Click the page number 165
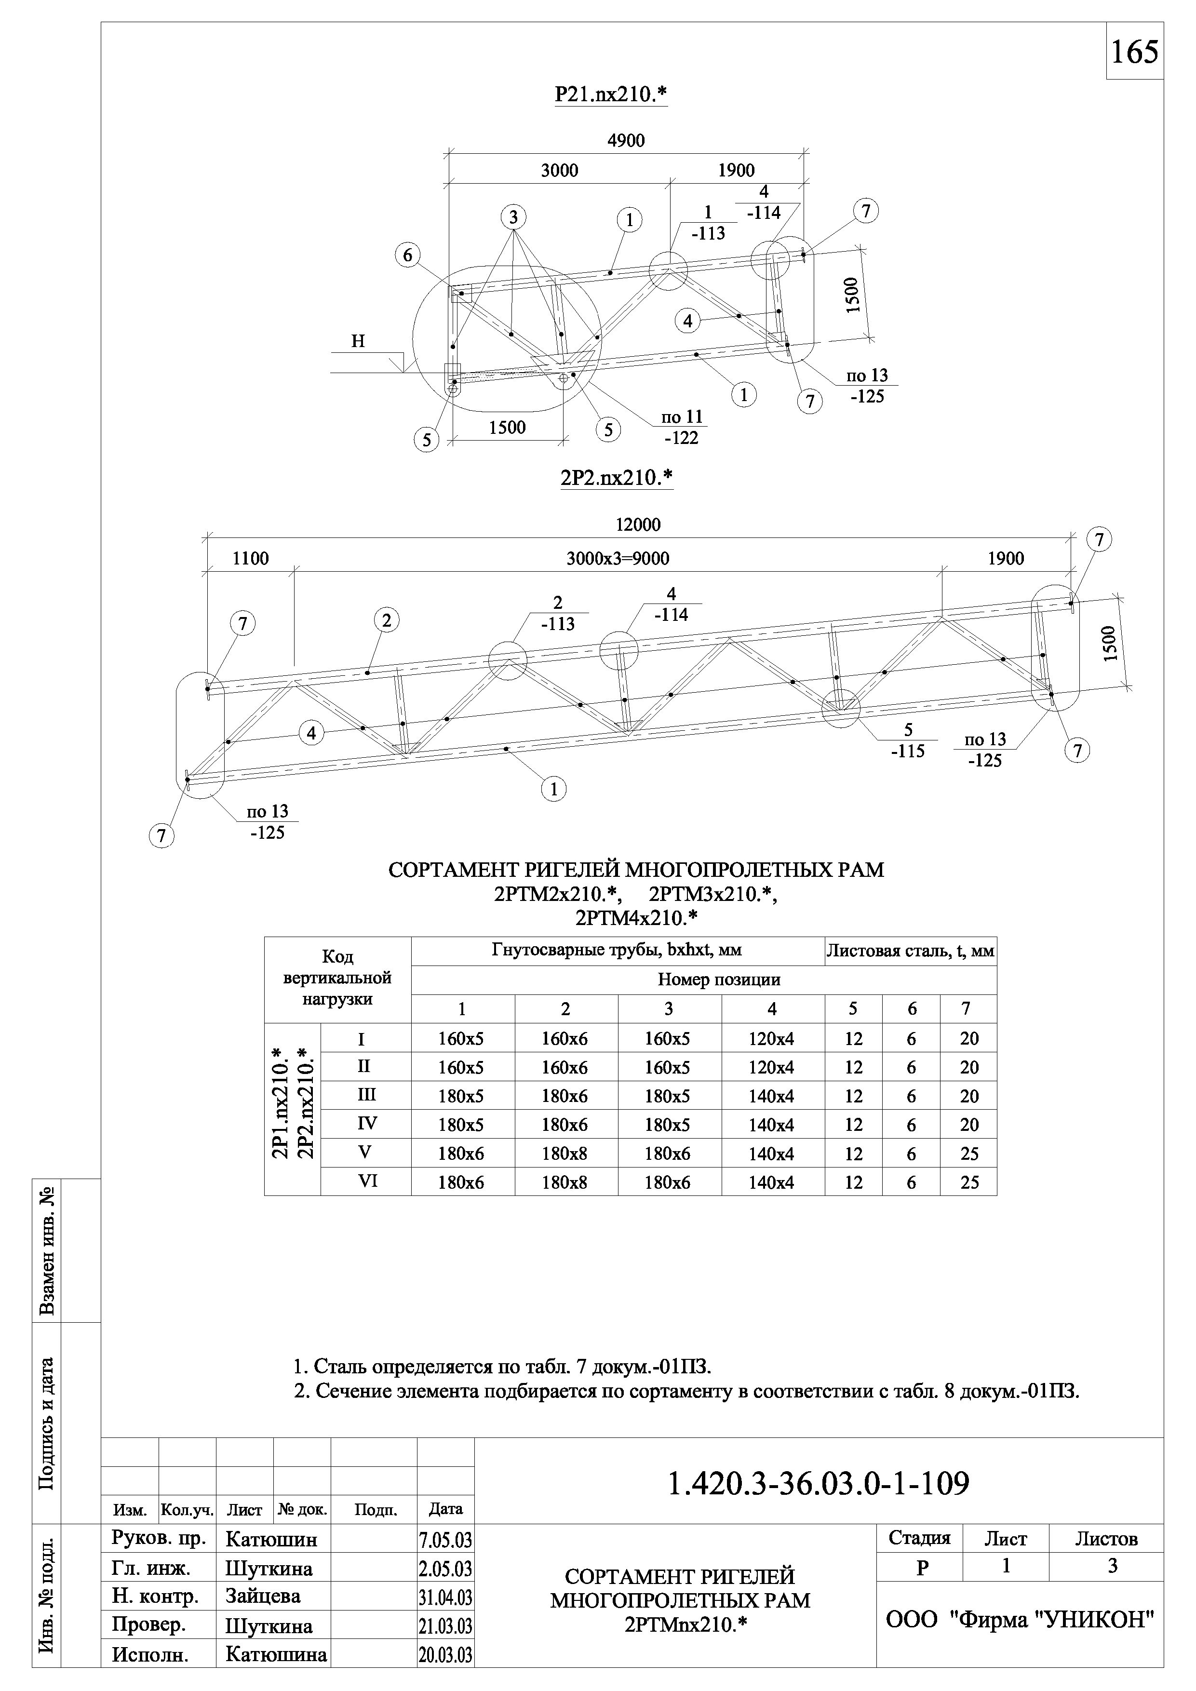click(1134, 52)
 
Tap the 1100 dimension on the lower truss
click(250, 559)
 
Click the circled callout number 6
click(407, 255)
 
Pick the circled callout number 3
click(513, 217)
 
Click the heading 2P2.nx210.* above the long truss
click(617, 479)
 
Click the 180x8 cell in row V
click(565, 1154)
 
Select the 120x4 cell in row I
click(771, 1039)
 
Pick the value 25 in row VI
click(969, 1183)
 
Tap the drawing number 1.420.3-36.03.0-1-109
click(818, 1484)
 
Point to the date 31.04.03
click(445, 1597)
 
